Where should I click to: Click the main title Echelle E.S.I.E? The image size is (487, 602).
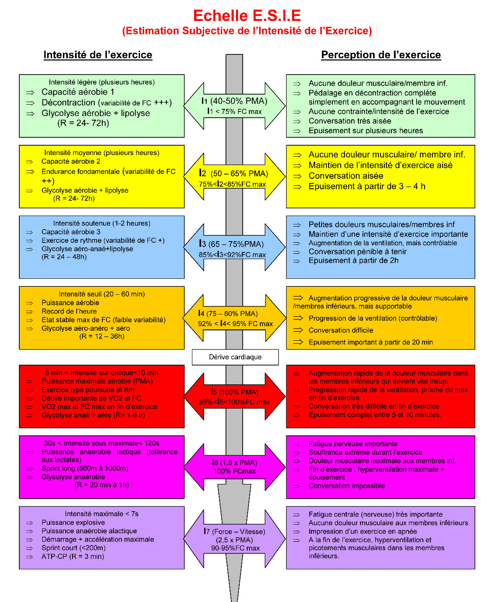coord(247,16)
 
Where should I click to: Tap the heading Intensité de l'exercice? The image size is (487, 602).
coord(98,55)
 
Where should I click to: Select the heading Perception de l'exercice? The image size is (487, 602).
coord(381,55)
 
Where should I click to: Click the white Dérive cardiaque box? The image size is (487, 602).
coord(235,357)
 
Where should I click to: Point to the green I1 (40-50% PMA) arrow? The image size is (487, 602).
coord(235,105)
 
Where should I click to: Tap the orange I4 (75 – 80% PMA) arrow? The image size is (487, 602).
coord(235,318)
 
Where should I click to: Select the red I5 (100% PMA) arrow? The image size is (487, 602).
coord(235,396)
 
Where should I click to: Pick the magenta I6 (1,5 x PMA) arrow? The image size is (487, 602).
coord(235,466)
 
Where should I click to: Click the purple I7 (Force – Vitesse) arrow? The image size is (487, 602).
coord(235,539)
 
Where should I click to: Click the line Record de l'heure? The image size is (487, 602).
coord(69,311)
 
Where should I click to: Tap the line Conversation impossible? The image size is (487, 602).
coord(347,486)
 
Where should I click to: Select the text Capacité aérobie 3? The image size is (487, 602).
coord(71,232)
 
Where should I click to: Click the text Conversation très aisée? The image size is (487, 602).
coord(350,121)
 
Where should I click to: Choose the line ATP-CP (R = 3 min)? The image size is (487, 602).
coord(73,556)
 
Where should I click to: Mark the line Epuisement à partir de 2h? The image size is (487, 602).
coord(353,260)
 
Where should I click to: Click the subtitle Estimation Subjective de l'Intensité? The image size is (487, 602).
coord(247,31)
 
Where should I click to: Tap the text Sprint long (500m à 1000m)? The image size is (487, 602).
coord(85,468)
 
